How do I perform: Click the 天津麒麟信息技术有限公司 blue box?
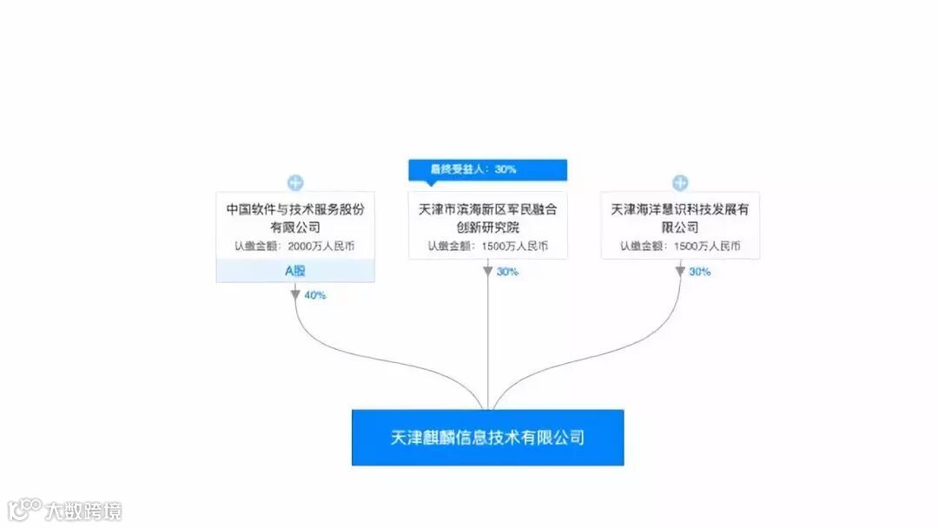(487, 437)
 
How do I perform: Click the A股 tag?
(295, 270)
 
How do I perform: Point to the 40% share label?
(314, 295)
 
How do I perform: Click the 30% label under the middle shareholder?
(507, 272)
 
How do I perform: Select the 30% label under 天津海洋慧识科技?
(699, 272)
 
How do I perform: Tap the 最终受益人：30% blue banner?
(487, 169)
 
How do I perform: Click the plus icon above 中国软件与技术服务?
(295, 182)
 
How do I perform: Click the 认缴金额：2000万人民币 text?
(295, 247)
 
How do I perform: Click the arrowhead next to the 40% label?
(295, 295)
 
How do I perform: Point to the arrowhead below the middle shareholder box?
(488, 271)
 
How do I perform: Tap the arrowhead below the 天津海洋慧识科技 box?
(680, 271)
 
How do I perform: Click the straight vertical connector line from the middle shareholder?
(488, 347)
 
